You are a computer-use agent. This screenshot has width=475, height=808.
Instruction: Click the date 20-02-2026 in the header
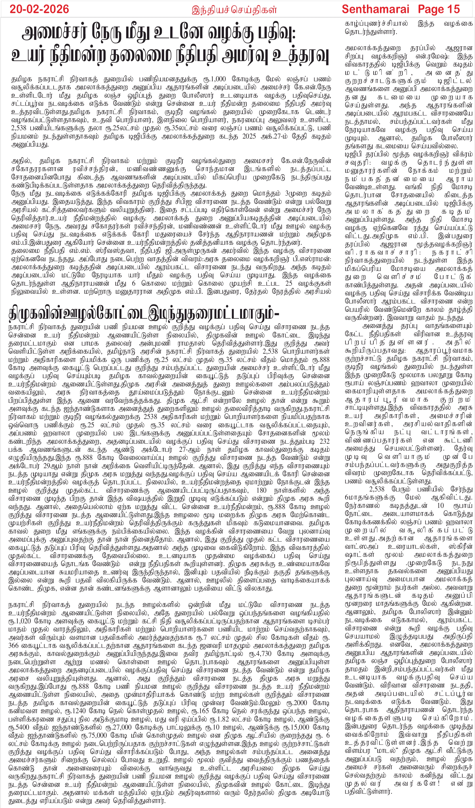pyautogui.click(x=39, y=9)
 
